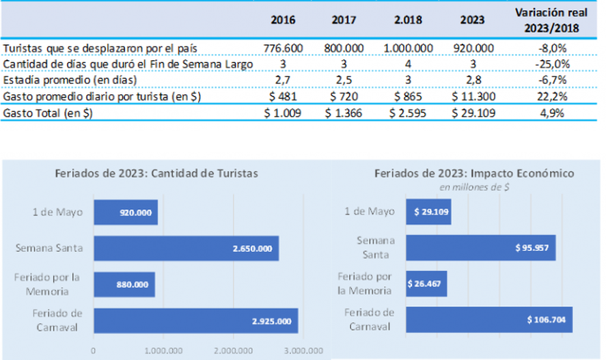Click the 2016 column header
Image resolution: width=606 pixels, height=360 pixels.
[x=283, y=20]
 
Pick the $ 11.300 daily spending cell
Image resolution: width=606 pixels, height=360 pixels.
[x=472, y=97]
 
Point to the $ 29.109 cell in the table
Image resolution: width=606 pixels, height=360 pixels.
[x=472, y=114]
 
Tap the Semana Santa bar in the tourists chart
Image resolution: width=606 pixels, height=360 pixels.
[x=186, y=248]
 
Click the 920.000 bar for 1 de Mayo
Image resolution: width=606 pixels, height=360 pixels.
[x=126, y=212]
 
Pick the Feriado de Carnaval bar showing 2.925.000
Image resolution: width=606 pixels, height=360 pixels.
[x=195, y=321]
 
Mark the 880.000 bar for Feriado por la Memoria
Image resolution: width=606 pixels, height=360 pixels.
[x=124, y=284]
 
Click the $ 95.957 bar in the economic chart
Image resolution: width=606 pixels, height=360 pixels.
[x=480, y=248]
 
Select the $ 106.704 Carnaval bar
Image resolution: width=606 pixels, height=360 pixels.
[x=489, y=319]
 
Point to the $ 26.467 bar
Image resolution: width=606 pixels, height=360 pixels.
[x=426, y=283]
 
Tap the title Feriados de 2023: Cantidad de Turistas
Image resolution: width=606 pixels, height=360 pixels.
[x=157, y=174]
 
